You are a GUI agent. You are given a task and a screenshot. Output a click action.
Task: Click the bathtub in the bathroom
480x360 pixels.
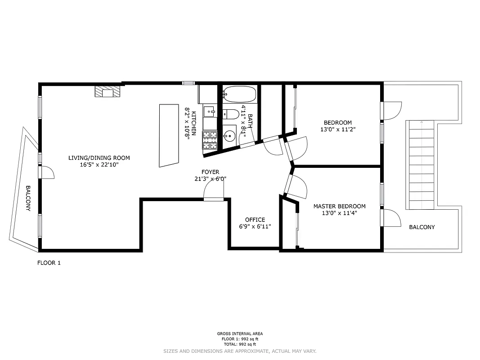coord(239,94)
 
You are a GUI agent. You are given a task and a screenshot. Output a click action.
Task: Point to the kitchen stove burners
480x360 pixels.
coord(210,139)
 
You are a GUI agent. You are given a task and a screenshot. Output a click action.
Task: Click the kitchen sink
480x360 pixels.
coord(209,111)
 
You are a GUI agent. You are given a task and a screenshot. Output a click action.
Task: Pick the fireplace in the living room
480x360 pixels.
coord(108,92)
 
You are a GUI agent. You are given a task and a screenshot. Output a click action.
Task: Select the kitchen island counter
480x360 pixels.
coord(169,135)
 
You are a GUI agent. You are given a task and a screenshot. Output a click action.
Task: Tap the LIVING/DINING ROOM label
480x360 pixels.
coord(99,158)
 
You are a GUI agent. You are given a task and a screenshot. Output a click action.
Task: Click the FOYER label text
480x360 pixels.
coord(210,172)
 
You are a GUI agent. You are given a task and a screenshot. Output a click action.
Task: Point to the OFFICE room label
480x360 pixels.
coord(255,220)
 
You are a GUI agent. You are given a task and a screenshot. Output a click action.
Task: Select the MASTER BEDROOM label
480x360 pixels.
coord(339,207)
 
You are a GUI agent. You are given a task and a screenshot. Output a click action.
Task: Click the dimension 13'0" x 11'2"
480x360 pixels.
coord(337,130)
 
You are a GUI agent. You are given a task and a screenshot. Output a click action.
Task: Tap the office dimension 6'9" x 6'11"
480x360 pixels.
coord(255,227)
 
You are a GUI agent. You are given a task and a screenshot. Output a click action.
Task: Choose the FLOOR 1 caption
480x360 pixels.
coord(49,263)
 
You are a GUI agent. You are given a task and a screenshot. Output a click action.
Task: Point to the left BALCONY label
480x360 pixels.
coord(28,198)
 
